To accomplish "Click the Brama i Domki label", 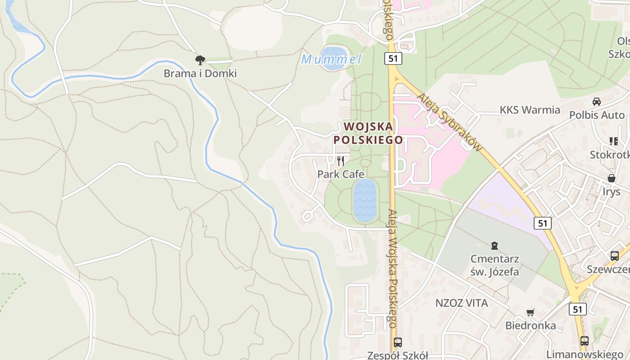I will pos(200,73).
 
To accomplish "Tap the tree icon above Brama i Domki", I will pos(200,60).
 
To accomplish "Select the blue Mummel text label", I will pos(331,59).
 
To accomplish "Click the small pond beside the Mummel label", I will pos(334,58).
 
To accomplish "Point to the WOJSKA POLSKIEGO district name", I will pos(368,133).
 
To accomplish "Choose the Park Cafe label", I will pos(341,174).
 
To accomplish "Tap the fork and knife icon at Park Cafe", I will pos(341,161).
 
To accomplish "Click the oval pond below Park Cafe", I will pos(364,201).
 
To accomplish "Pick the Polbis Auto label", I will pos(597,115).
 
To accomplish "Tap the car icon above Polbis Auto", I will pos(597,102).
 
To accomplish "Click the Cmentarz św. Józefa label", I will pos(495,265).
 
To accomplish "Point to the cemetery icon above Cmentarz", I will pos(495,246).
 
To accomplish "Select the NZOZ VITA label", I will pos(462,303).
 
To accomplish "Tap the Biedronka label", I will pos(531,325).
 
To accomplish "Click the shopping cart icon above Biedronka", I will pos(531,312).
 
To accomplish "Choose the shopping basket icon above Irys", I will pos(611,178).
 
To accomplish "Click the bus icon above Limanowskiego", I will pos(584,341).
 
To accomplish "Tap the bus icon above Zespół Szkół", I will pos(397,342).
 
